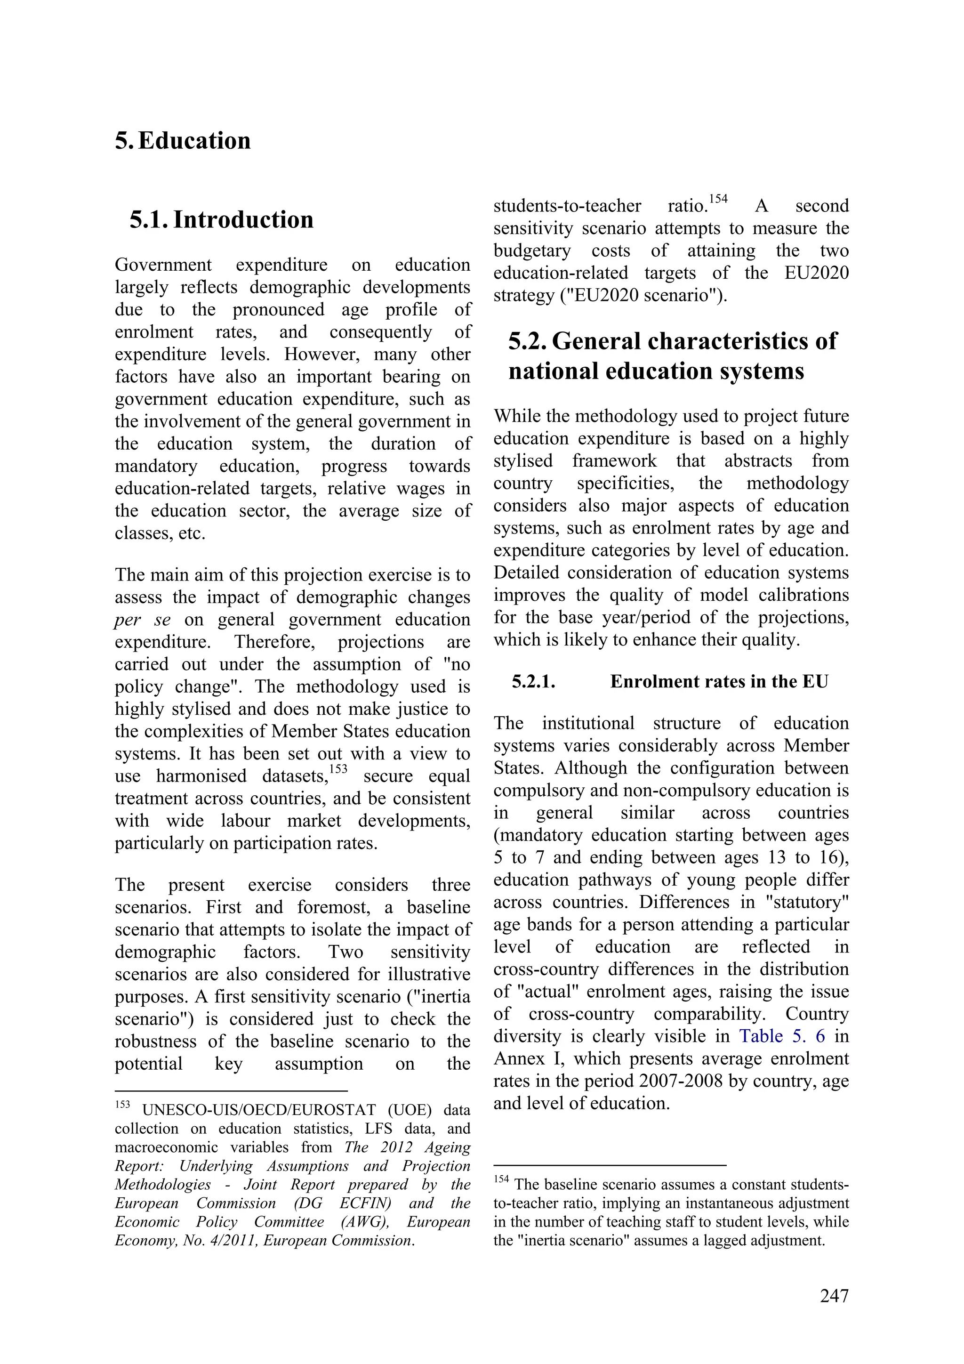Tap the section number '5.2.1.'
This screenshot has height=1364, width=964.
(x=533, y=681)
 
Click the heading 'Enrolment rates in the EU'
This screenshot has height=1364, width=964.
(x=719, y=681)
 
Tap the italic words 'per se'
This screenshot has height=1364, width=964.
(x=143, y=620)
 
